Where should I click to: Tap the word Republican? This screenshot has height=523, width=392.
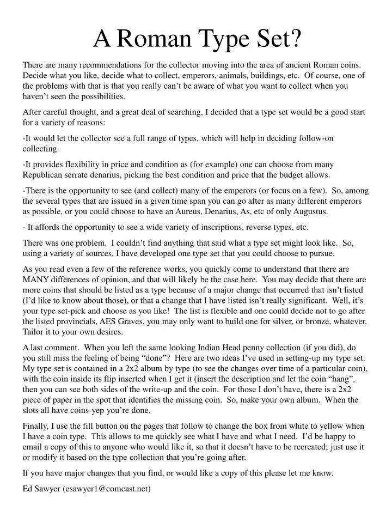[x=45, y=175]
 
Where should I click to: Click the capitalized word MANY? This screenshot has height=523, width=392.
[x=35, y=279]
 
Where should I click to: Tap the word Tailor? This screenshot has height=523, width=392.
[x=33, y=332]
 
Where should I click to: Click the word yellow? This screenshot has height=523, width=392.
[x=329, y=426]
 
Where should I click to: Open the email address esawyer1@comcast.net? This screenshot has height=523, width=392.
[x=107, y=489]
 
